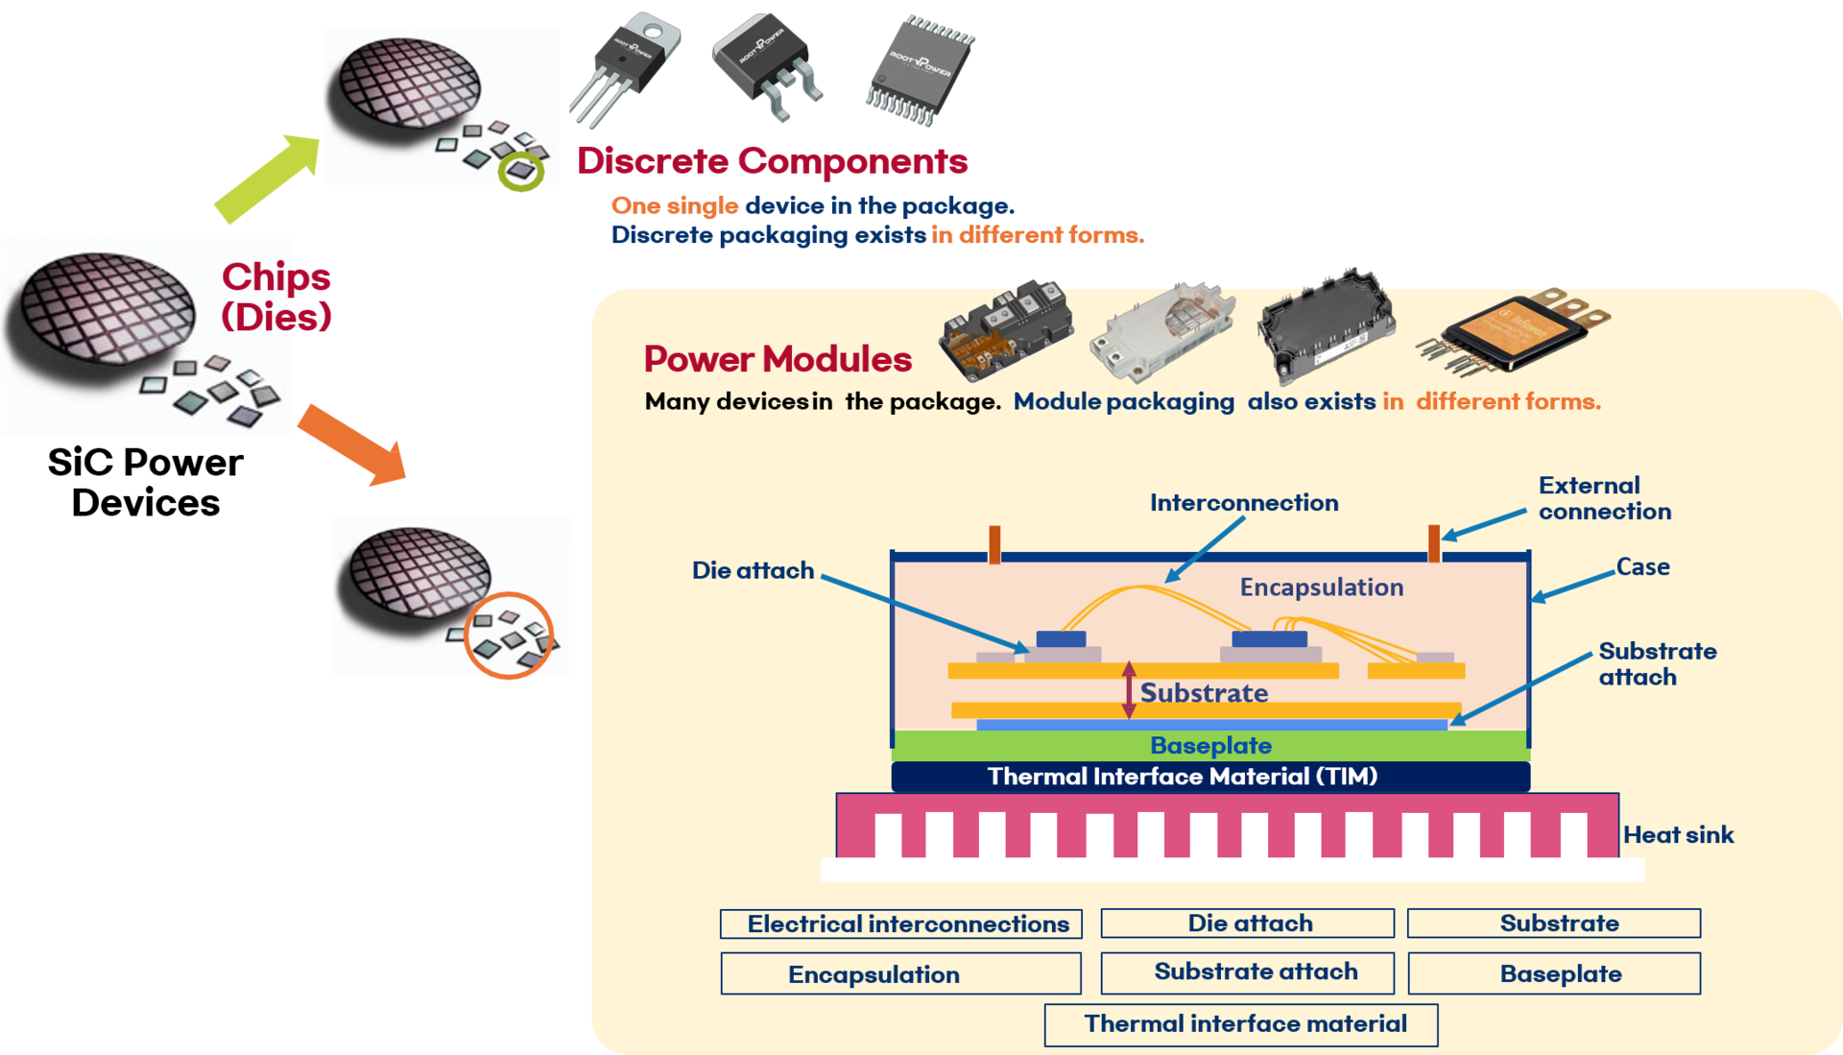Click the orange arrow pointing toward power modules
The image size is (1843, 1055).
(351, 444)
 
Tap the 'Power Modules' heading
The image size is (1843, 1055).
(778, 359)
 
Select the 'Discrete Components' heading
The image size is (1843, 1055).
(772, 161)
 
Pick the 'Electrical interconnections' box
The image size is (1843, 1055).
(901, 923)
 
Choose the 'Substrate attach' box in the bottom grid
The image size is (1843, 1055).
(1247, 972)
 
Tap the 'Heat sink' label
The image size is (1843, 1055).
(1678, 835)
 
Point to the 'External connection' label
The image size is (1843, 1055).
(1604, 498)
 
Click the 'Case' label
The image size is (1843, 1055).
(1642, 567)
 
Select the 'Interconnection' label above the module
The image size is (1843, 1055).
(1244, 503)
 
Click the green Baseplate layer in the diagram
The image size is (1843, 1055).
(1209, 746)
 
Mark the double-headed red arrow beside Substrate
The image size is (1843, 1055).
(1129, 690)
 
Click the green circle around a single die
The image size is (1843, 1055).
(521, 171)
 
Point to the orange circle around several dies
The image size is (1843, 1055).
(509, 636)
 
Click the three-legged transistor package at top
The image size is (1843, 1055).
(624, 67)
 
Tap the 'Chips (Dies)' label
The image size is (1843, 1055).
(276, 296)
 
